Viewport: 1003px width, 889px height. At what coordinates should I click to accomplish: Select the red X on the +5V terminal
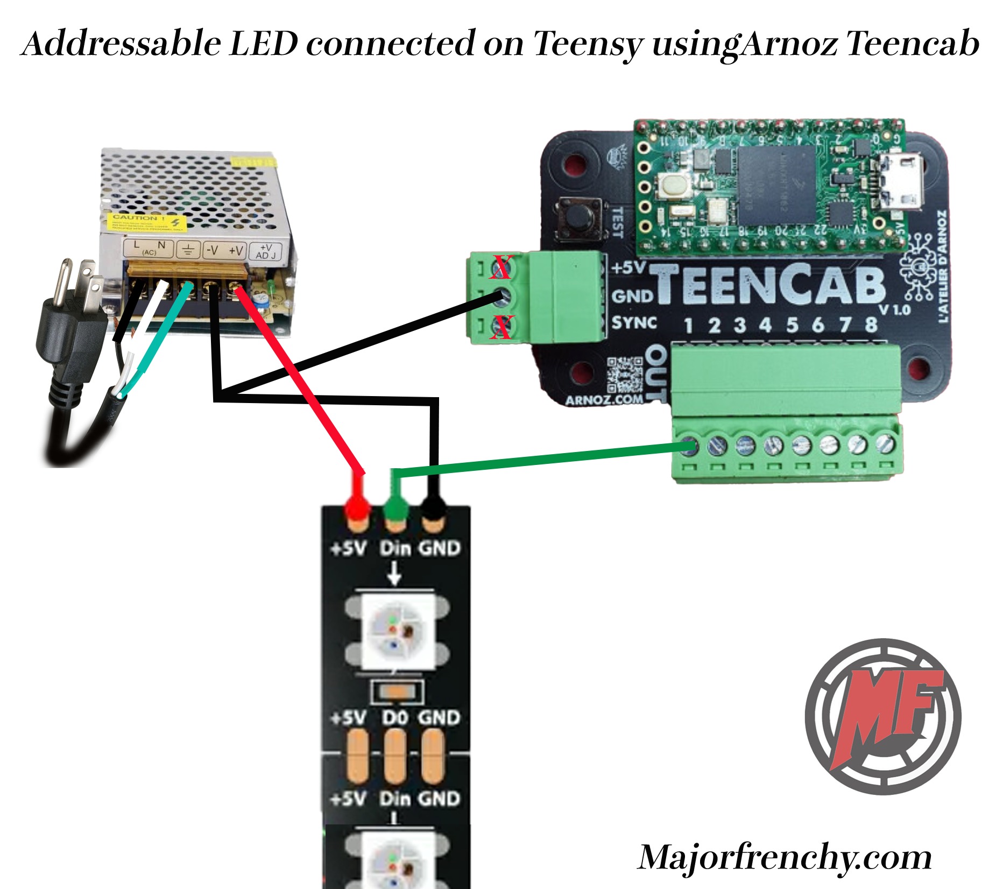[501, 267]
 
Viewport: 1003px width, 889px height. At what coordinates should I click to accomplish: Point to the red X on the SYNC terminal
[501, 328]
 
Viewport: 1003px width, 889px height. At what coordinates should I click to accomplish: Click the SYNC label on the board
[634, 323]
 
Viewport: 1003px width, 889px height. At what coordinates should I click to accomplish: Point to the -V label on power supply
[213, 250]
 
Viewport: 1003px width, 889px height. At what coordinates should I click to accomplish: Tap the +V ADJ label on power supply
[265, 251]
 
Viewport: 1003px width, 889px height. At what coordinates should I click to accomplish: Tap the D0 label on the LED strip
[395, 718]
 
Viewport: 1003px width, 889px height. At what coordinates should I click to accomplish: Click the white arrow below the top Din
[394, 574]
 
